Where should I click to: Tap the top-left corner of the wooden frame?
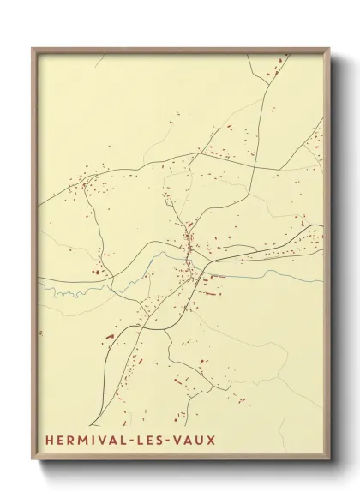[x=33, y=49]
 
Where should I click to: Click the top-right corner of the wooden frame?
[x=329, y=49]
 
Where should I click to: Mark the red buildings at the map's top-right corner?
[x=279, y=64]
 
